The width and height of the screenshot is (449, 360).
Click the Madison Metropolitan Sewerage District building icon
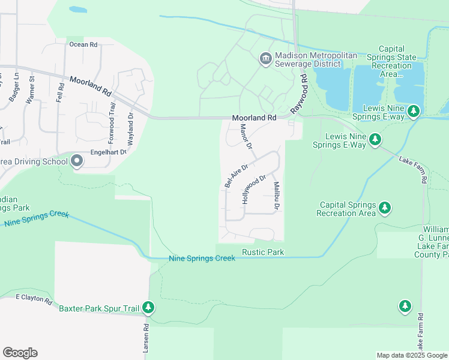click(x=265, y=59)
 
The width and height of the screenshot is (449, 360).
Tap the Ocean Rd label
click(x=83, y=44)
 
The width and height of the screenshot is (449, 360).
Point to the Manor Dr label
click(x=246, y=137)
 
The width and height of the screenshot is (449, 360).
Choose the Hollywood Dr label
click(x=254, y=190)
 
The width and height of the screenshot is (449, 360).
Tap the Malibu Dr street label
click(x=277, y=196)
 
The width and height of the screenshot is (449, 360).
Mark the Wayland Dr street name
click(x=130, y=127)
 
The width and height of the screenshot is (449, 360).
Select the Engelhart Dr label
click(x=109, y=153)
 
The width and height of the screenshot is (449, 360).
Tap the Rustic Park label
click(x=263, y=252)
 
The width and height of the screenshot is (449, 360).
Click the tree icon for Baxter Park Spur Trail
click(x=148, y=308)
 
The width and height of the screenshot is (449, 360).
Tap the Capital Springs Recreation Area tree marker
click(x=385, y=209)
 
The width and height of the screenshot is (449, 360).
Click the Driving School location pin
click(x=77, y=161)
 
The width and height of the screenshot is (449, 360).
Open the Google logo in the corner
click(x=20, y=353)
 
